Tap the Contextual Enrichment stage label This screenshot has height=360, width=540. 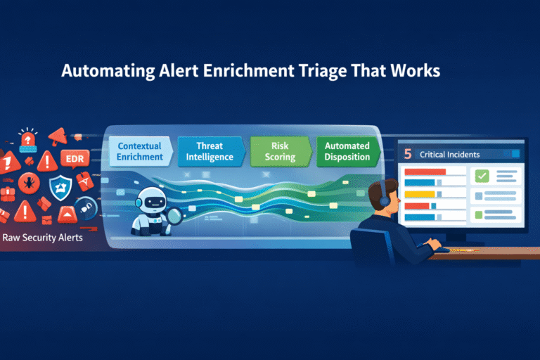(x=139, y=150)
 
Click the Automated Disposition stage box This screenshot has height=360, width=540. (x=347, y=150)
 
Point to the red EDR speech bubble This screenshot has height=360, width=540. (x=74, y=158)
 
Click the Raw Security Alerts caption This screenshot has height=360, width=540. (x=42, y=238)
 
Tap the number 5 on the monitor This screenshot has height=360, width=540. (x=407, y=153)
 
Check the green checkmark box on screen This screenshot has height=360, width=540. (x=482, y=176)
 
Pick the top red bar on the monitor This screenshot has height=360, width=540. (x=425, y=172)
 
